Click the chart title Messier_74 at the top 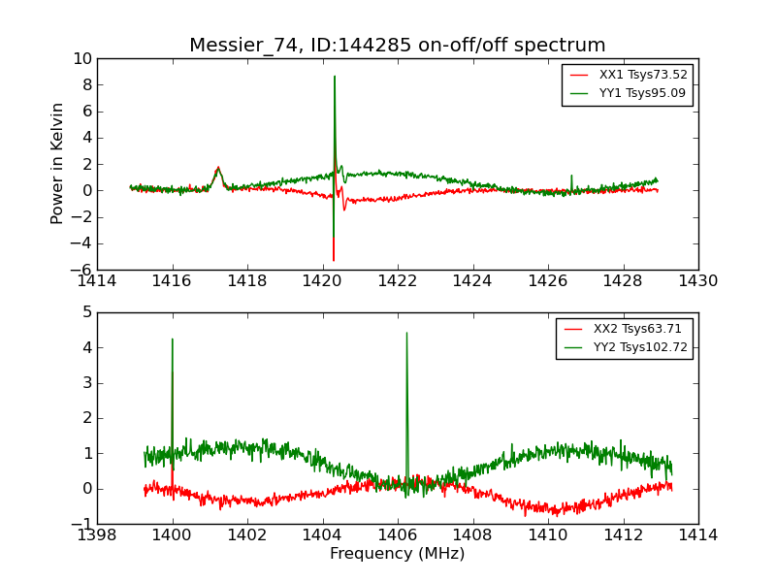click(x=397, y=46)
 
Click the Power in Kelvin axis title click(x=58, y=163)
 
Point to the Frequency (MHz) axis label click(x=397, y=554)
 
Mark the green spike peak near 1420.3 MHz click(x=335, y=77)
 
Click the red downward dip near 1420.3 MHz click(x=334, y=260)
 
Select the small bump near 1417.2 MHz click(x=218, y=168)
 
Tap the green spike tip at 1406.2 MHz click(x=406, y=333)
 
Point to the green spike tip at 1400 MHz click(x=173, y=339)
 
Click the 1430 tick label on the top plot click(x=697, y=281)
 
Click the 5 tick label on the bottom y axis click(x=86, y=312)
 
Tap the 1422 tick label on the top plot click(x=398, y=281)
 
